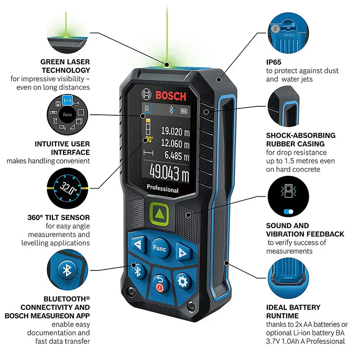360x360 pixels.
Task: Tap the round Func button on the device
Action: pos(160,248)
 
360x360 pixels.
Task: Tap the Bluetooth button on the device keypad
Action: pos(138,271)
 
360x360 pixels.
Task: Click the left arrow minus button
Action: pos(139,244)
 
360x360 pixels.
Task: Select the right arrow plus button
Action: pos(183,252)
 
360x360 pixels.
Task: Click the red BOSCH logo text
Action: pos(171,96)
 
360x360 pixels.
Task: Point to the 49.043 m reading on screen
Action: pos(169,173)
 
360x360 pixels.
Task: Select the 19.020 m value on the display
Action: pos(175,131)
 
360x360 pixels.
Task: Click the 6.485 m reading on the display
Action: pos(177,156)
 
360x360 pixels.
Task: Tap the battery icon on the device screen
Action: pos(184,111)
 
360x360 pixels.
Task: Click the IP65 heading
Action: pos(274,62)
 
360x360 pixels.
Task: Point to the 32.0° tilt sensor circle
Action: pos(67,188)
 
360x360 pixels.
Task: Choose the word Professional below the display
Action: pos(162,189)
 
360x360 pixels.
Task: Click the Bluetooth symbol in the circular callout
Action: pos(67,270)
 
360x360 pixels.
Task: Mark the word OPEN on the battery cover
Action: pos(288,35)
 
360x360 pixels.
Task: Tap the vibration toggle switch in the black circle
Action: pos(288,211)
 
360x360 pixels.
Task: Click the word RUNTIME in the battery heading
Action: pos(283,316)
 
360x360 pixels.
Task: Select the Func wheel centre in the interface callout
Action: pos(67,114)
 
